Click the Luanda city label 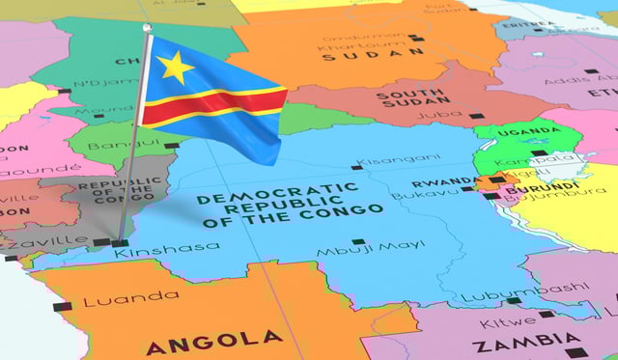point(117,300)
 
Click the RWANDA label point(444,182)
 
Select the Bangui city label point(112,146)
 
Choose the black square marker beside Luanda point(62,306)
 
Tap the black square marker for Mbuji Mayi point(358,241)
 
